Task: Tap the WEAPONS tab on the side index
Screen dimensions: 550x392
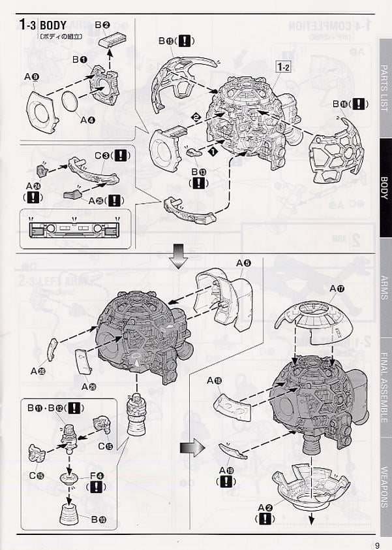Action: (x=385, y=486)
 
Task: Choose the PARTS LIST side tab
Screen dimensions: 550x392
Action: (x=385, y=88)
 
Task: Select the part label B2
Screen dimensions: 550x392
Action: (x=102, y=24)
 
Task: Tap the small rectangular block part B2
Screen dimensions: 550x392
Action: (x=115, y=40)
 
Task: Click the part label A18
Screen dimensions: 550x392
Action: (x=215, y=380)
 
